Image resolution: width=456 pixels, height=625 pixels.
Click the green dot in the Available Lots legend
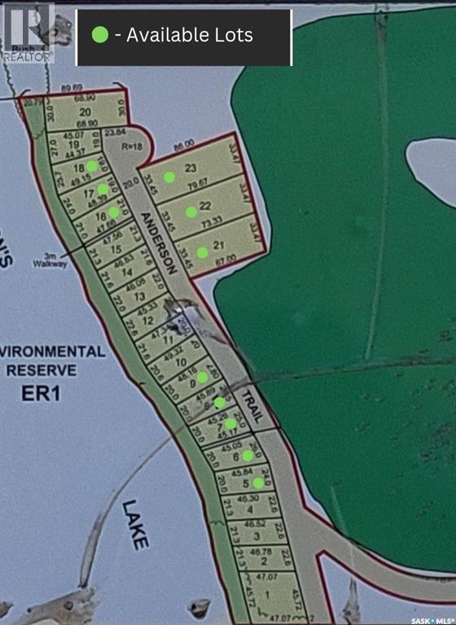point(100,35)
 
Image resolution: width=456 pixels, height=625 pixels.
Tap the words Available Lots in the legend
point(189,35)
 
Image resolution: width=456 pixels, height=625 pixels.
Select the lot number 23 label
point(191,168)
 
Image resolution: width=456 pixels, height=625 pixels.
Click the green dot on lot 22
point(191,212)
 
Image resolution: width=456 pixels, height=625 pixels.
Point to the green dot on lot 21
point(202,252)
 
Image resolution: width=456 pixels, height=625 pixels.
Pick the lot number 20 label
point(84,112)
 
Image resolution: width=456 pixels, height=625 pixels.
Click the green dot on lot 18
point(92,165)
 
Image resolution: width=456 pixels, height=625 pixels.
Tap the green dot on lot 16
point(114,212)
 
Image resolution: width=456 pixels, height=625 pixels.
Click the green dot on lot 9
point(202,377)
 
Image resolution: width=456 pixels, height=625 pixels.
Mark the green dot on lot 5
point(258,483)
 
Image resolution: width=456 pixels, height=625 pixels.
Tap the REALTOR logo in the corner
point(28,32)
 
